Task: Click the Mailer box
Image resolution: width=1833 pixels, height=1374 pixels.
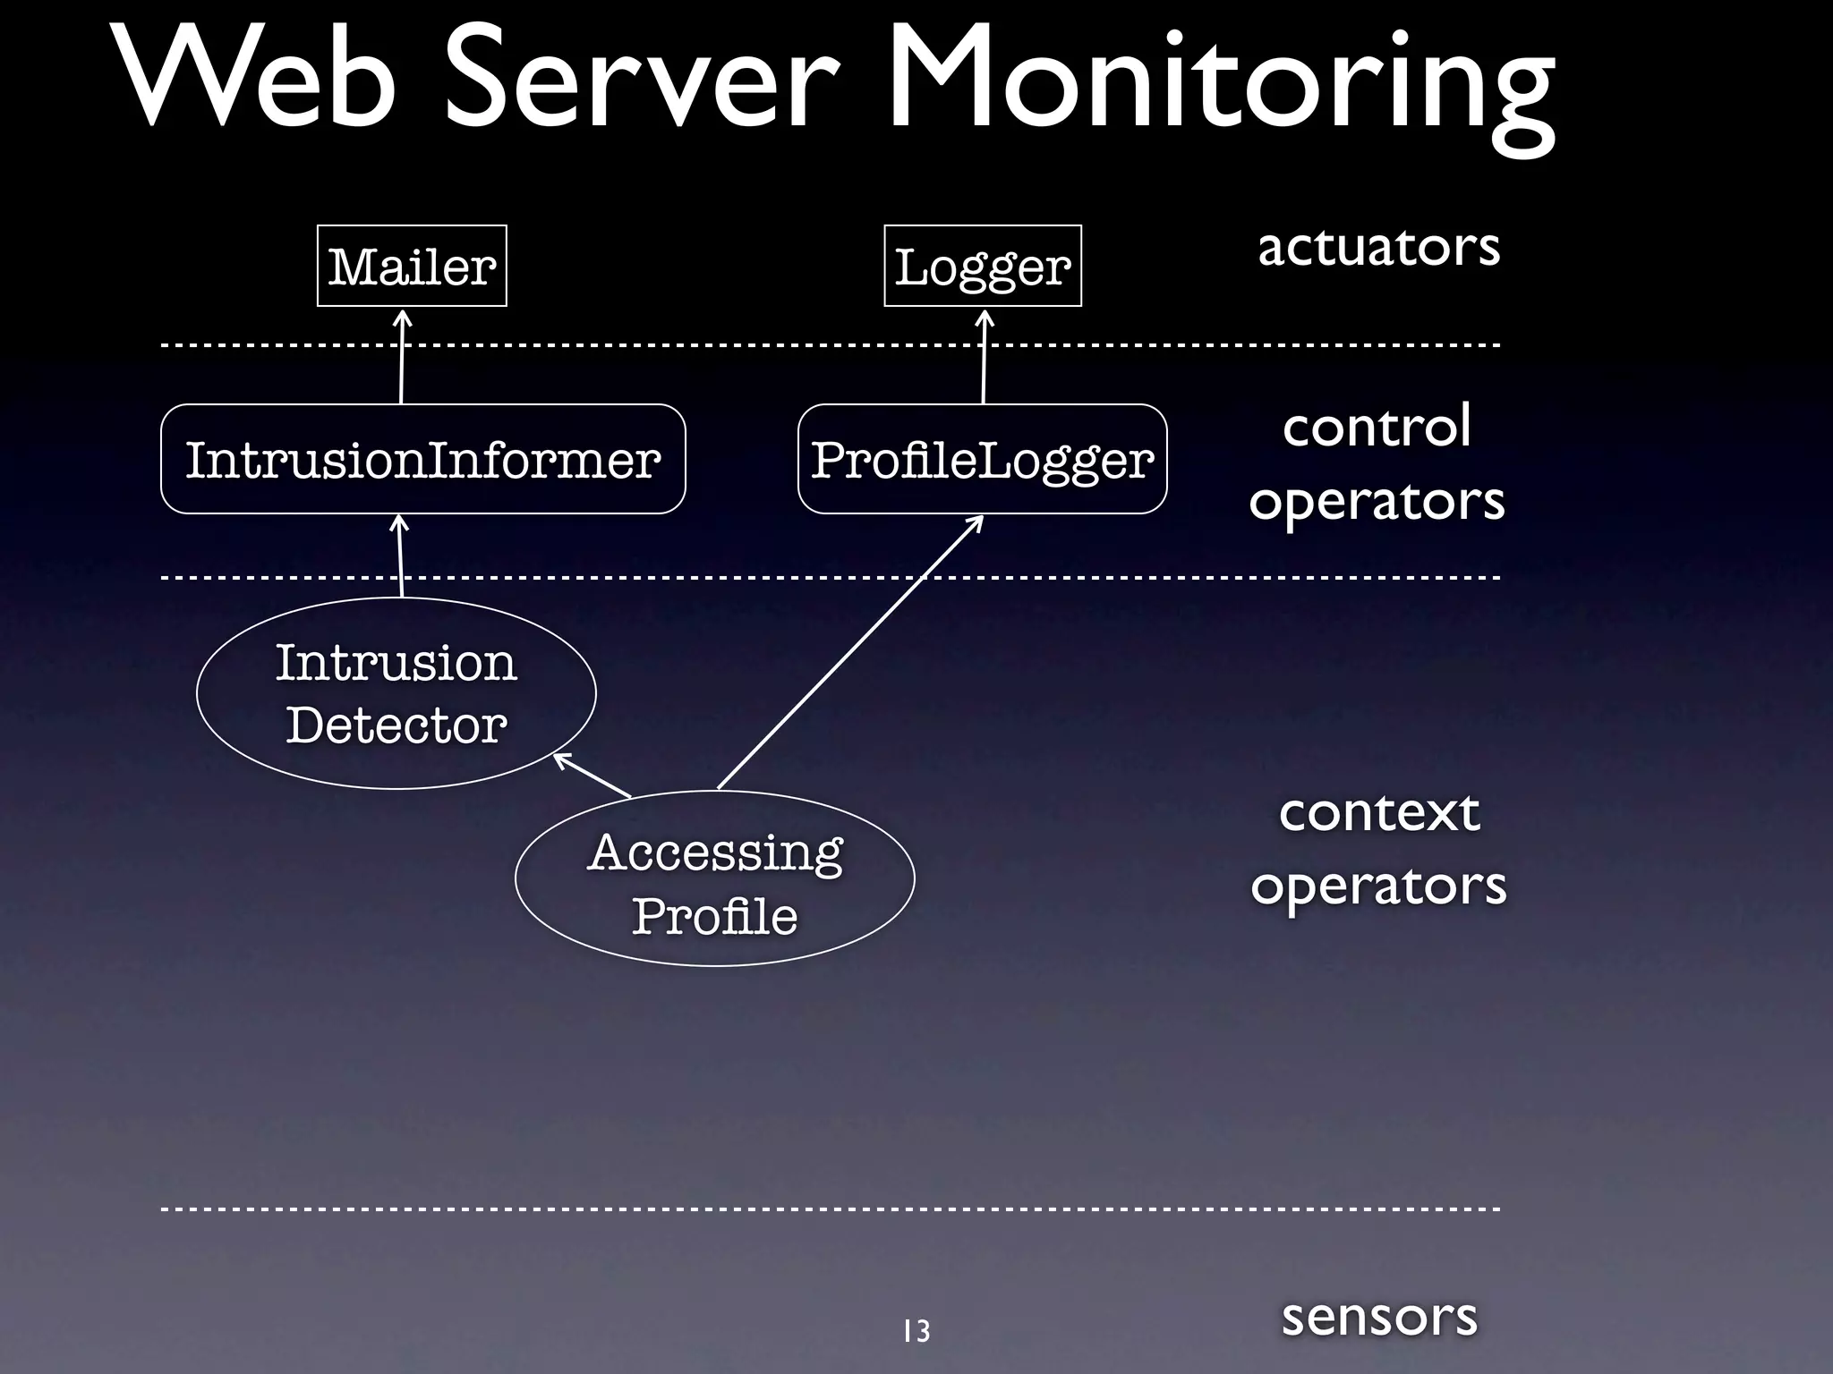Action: (x=412, y=266)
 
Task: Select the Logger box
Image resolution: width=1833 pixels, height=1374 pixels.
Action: (x=982, y=266)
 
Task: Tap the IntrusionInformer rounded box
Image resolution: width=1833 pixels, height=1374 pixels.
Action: (x=422, y=459)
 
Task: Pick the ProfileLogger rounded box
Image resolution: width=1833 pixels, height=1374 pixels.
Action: (x=982, y=459)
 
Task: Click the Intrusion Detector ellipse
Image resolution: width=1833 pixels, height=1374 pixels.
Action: (x=396, y=693)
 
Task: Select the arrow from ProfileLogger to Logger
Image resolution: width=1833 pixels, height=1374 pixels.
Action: (x=985, y=358)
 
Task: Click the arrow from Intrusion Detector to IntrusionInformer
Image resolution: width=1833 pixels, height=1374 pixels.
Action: (x=401, y=556)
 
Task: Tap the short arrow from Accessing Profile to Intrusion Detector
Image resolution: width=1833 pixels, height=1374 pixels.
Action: (x=593, y=775)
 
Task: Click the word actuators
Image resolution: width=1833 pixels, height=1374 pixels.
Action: (x=1378, y=247)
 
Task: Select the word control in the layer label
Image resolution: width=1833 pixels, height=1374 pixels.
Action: (x=1377, y=427)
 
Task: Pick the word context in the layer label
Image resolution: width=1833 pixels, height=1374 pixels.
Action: (x=1378, y=812)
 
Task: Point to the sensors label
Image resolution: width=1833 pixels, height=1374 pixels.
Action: (x=1378, y=1317)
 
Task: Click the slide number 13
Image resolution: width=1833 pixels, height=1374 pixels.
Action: (x=916, y=1331)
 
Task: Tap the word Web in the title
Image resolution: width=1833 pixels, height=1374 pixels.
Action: (x=255, y=81)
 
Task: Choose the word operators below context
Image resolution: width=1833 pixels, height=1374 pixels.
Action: (x=1378, y=886)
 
